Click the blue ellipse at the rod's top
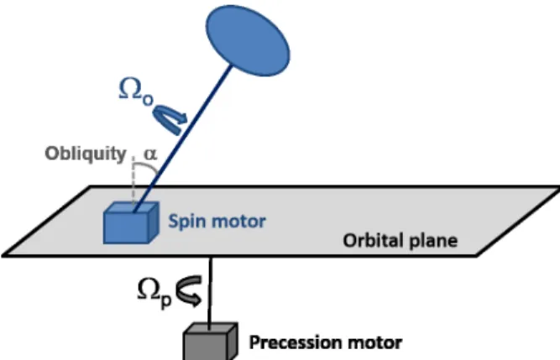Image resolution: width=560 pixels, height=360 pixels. pos(249,40)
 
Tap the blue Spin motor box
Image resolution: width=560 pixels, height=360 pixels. pos(131,222)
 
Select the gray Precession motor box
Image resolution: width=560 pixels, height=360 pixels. pos(210,342)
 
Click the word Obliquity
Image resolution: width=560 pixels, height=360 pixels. pos(86,154)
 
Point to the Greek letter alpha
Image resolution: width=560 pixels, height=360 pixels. pos(150,154)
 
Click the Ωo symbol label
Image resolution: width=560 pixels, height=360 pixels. pos(136,92)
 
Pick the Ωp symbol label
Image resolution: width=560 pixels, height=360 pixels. pos(154,293)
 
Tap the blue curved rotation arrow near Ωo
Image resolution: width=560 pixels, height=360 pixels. pos(170,119)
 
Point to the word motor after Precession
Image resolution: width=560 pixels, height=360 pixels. pos(374,343)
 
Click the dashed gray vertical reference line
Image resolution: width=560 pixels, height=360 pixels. pos(133,181)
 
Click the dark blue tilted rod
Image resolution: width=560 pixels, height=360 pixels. pos(183,138)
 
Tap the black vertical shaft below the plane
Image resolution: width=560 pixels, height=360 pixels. pos(210,291)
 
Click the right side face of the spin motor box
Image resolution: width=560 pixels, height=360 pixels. pos(154,222)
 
